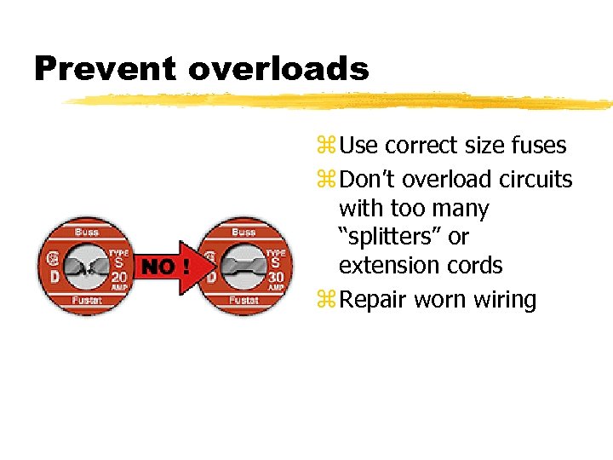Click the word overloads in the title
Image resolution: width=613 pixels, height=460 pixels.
[278, 68]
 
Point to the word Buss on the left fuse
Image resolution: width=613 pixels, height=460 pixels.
[86, 232]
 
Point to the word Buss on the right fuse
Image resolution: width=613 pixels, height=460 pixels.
[245, 232]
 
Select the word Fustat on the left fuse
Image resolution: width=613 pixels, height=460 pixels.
[86, 301]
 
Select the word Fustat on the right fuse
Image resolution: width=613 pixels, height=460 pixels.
[245, 301]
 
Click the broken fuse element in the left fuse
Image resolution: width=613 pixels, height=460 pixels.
[84, 267]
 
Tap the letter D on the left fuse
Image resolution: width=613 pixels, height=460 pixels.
[54, 278]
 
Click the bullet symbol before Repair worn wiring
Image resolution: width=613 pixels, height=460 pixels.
[327, 301]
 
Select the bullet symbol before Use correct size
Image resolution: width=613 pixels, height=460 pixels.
[327, 147]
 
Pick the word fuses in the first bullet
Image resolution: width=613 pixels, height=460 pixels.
[537, 146]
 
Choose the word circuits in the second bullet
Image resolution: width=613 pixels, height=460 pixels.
[537, 180]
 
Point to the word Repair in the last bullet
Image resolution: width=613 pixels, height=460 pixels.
[372, 301]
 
